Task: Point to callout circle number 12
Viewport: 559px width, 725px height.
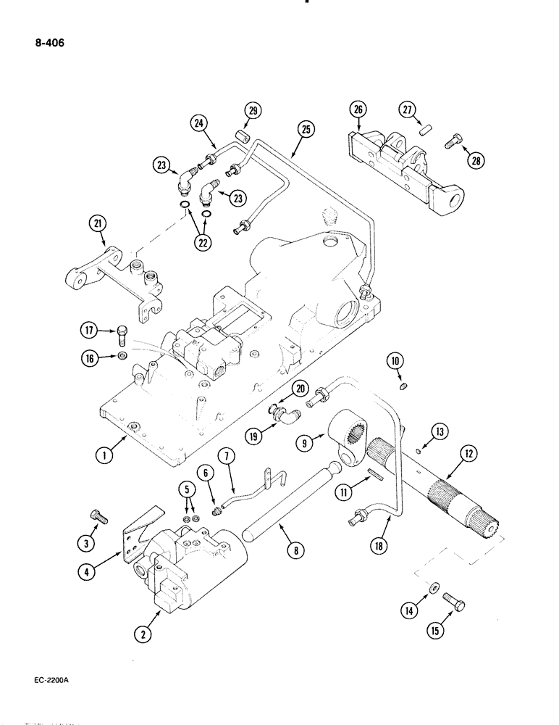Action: [466, 455]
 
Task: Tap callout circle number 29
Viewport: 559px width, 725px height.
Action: [253, 111]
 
